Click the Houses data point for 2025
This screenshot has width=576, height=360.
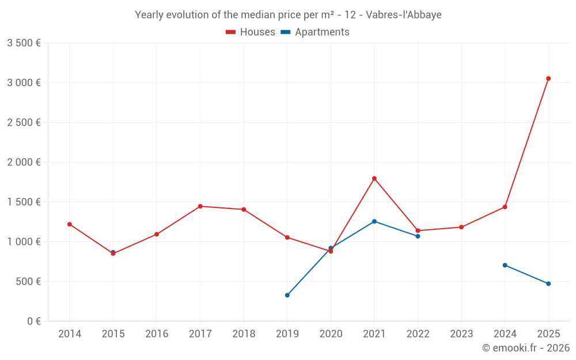pyautogui.click(x=548, y=78)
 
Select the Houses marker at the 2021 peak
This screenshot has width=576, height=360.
pyautogui.click(x=374, y=179)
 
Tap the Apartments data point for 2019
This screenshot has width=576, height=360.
pyautogui.click(x=287, y=295)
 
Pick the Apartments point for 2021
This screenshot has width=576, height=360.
pyautogui.click(x=374, y=221)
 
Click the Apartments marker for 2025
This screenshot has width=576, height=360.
pyautogui.click(x=548, y=283)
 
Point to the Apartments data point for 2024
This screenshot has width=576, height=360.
pyautogui.click(x=505, y=265)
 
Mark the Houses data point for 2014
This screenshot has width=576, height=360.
pyautogui.click(x=70, y=224)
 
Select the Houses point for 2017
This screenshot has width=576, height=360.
pyautogui.click(x=200, y=206)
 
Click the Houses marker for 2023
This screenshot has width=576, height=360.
pyautogui.click(x=461, y=227)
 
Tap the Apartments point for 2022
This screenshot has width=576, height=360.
pyautogui.click(x=418, y=236)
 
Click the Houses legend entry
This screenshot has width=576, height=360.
pyautogui.click(x=251, y=32)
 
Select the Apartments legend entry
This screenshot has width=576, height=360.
pyautogui.click(x=315, y=32)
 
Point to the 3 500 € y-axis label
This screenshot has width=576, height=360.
pyautogui.click(x=24, y=43)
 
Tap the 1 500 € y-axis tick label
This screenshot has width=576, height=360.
pyautogui.click(x=24, y=202)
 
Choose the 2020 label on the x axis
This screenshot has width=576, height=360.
pyautogui.click(x=331, y=334)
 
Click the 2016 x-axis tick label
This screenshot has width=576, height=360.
pyautogui.click(x=157, y=334)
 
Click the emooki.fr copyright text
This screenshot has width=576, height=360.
pyautogui.click(x=525, y=348)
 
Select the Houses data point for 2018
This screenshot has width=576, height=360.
pyautogui.click(x=244, y=210)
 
